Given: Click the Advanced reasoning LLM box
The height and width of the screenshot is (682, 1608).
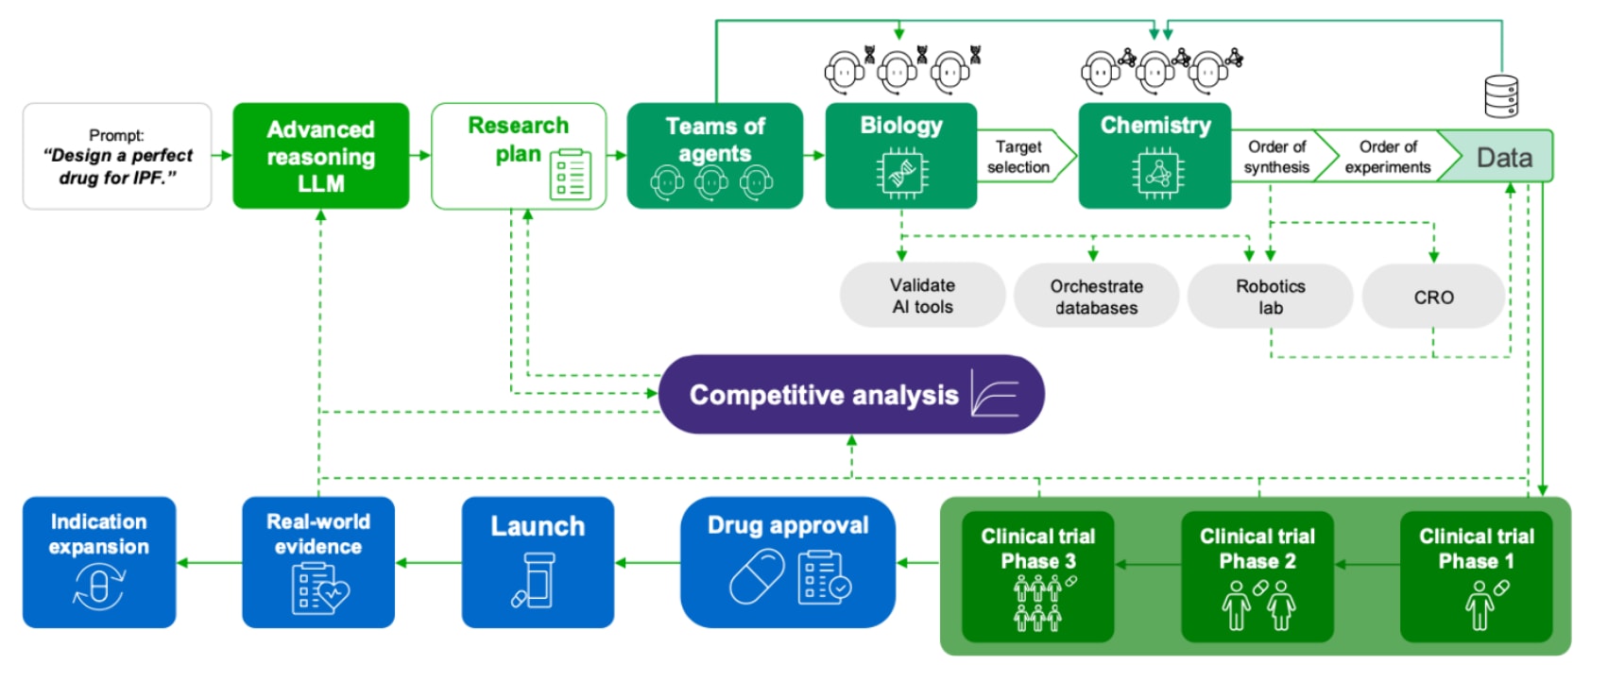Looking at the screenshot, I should [x=320, y=156].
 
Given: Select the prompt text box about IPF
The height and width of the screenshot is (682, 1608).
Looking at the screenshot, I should [x=117, y=156].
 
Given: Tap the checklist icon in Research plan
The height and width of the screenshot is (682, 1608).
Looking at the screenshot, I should [x=571, y=175].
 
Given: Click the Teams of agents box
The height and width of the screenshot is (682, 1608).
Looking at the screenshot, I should [x=714, y=156].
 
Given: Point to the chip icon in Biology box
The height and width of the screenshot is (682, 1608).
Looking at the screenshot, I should [x=901, y=173].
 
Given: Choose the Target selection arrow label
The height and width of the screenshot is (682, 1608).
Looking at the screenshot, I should [x=1019, y=157].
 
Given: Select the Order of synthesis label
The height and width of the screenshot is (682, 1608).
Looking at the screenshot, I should [x=1276, y=157].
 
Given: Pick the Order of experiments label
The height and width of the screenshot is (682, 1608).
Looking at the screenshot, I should [x=1387, y=157].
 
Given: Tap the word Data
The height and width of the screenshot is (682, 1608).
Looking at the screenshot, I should [x=1504, y=157].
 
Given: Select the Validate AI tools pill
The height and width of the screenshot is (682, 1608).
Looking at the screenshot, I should [x=922, y=296].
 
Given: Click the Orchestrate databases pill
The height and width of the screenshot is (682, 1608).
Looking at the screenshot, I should [x=1096, y=297].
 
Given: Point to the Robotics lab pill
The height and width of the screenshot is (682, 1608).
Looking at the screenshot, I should [x=1270, y=297].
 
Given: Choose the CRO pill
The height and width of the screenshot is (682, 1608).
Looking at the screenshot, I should [x=1433, y=297].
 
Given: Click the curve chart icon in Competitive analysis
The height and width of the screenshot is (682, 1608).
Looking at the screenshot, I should [x=995, y=395].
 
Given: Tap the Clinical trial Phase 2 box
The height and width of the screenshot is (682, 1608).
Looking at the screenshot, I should [x=1257, y=576].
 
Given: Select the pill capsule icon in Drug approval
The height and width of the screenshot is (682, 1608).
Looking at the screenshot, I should [x=757, y=577].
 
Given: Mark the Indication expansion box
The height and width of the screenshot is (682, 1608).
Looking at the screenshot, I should [x=99, y=562].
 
